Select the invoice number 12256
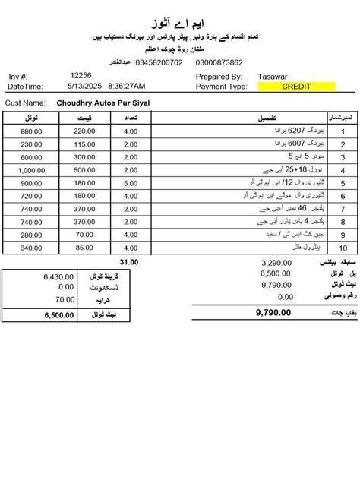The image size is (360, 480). coord(81,76)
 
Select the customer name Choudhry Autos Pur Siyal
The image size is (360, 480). coord(103,102)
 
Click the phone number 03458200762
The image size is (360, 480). coord(160,63)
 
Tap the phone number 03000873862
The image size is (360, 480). coord(219,63)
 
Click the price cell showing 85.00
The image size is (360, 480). coord(84,248)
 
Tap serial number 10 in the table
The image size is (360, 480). coord(343,248)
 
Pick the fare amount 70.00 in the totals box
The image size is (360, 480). coord(65,300)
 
